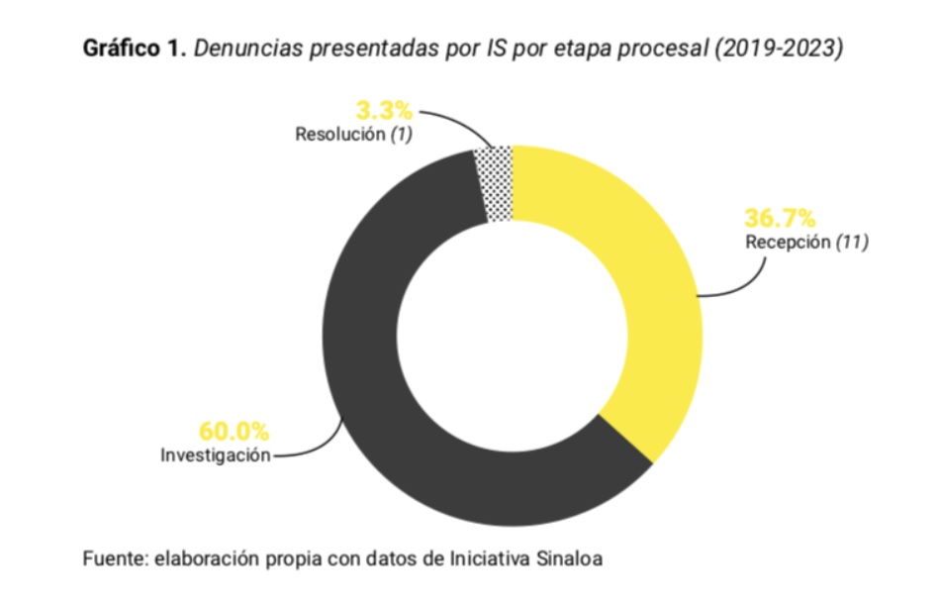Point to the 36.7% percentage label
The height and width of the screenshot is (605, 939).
[780, 217]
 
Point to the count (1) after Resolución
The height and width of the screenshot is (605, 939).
[400, 134]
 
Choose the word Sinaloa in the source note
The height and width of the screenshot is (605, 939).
[567, 558]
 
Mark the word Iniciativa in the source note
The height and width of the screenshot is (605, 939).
[487, 558]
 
